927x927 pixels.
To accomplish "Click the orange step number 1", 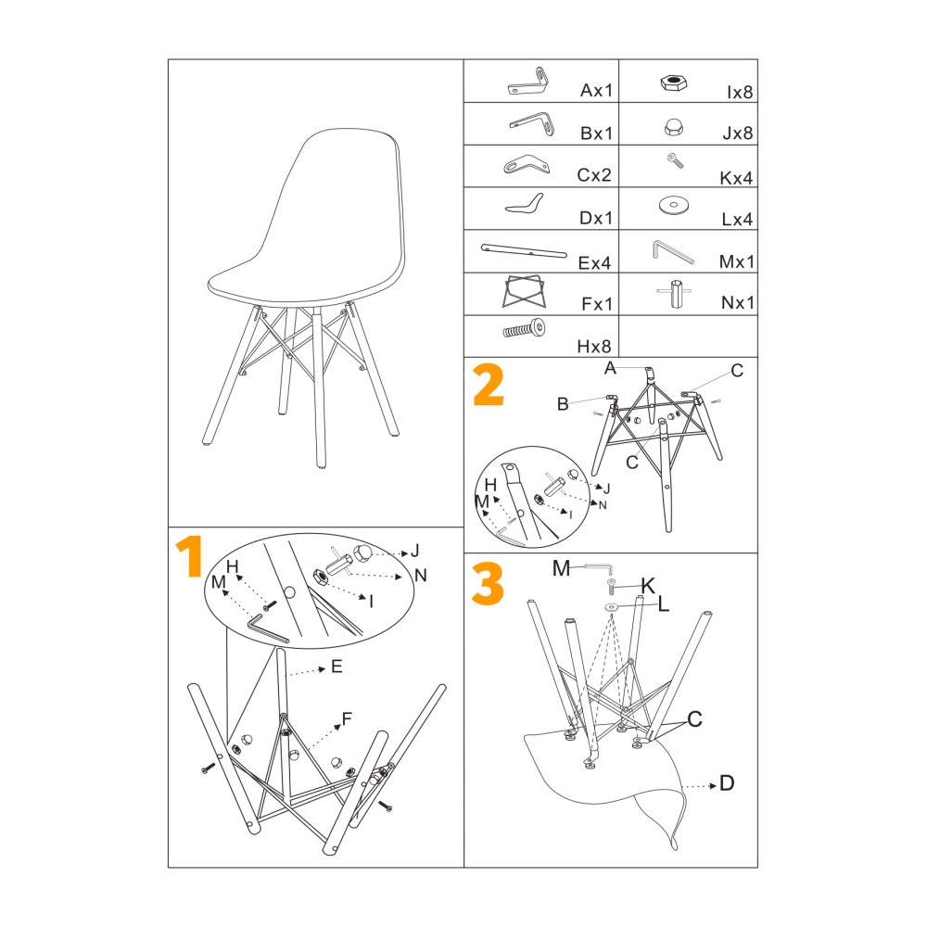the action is pyautogui.click(x=191, y=556).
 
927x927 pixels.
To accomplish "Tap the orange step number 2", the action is pyautogui.click(x=489, y=385).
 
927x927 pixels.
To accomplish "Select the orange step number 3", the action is pyautogui.click(x=488, y=583).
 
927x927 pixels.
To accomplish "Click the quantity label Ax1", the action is pyautogui.click(x=596, y=91).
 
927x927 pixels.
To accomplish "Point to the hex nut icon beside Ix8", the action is pyautogui.click(x=673, y=83).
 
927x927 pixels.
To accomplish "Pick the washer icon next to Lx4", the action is pyautogui.click(x=673, y=205).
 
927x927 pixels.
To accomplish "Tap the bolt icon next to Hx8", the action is pyautogui.click(x=524, y=329).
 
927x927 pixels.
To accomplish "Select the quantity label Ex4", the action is pyautogui.click(x=595, y=263).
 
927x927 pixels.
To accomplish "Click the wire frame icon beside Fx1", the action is pyautogui.click(x=524, y=291).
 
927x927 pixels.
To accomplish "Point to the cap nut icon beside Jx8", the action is pyautogui.click(x=673, y=127).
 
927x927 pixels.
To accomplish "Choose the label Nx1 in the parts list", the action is pyautogui.click(x=738, y=303).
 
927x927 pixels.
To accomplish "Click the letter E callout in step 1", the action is pyautogui.click(x=337, y=667).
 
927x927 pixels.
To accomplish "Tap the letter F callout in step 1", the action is pyautogui.click(x=347, y=718).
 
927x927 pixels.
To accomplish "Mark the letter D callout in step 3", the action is pyautogui.click(x=727, y=783).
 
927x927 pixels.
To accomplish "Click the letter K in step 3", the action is pyautogui.click(x=648, y=586).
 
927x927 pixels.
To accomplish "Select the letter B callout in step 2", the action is pyautogui.click(x=563, y=404).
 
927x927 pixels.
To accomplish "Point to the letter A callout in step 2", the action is pyautogui.click(x=610, y=368).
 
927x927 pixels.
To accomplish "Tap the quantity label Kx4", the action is pyautogui.click(x=736, y=178).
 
